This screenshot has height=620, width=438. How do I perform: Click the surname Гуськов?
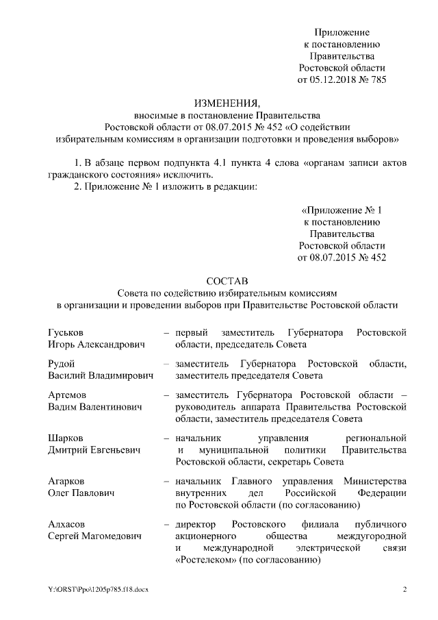coord(66,332)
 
